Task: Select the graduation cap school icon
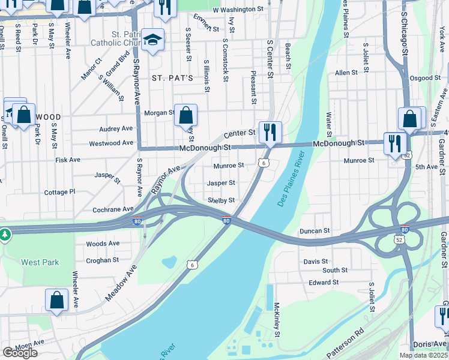point(153,40)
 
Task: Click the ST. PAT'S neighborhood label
point(172,78)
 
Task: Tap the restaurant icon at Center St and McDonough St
point(270,131)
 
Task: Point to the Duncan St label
point(315,230)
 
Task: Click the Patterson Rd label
point(346,339)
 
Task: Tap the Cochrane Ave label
point(113,209)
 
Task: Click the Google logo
point(20,353)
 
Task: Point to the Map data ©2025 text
point(423,355)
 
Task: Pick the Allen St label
point(346,73)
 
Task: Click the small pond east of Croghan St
point(169,262)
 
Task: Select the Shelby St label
point(221,200)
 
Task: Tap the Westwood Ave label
point(111,143)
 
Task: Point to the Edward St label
point(324,282)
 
